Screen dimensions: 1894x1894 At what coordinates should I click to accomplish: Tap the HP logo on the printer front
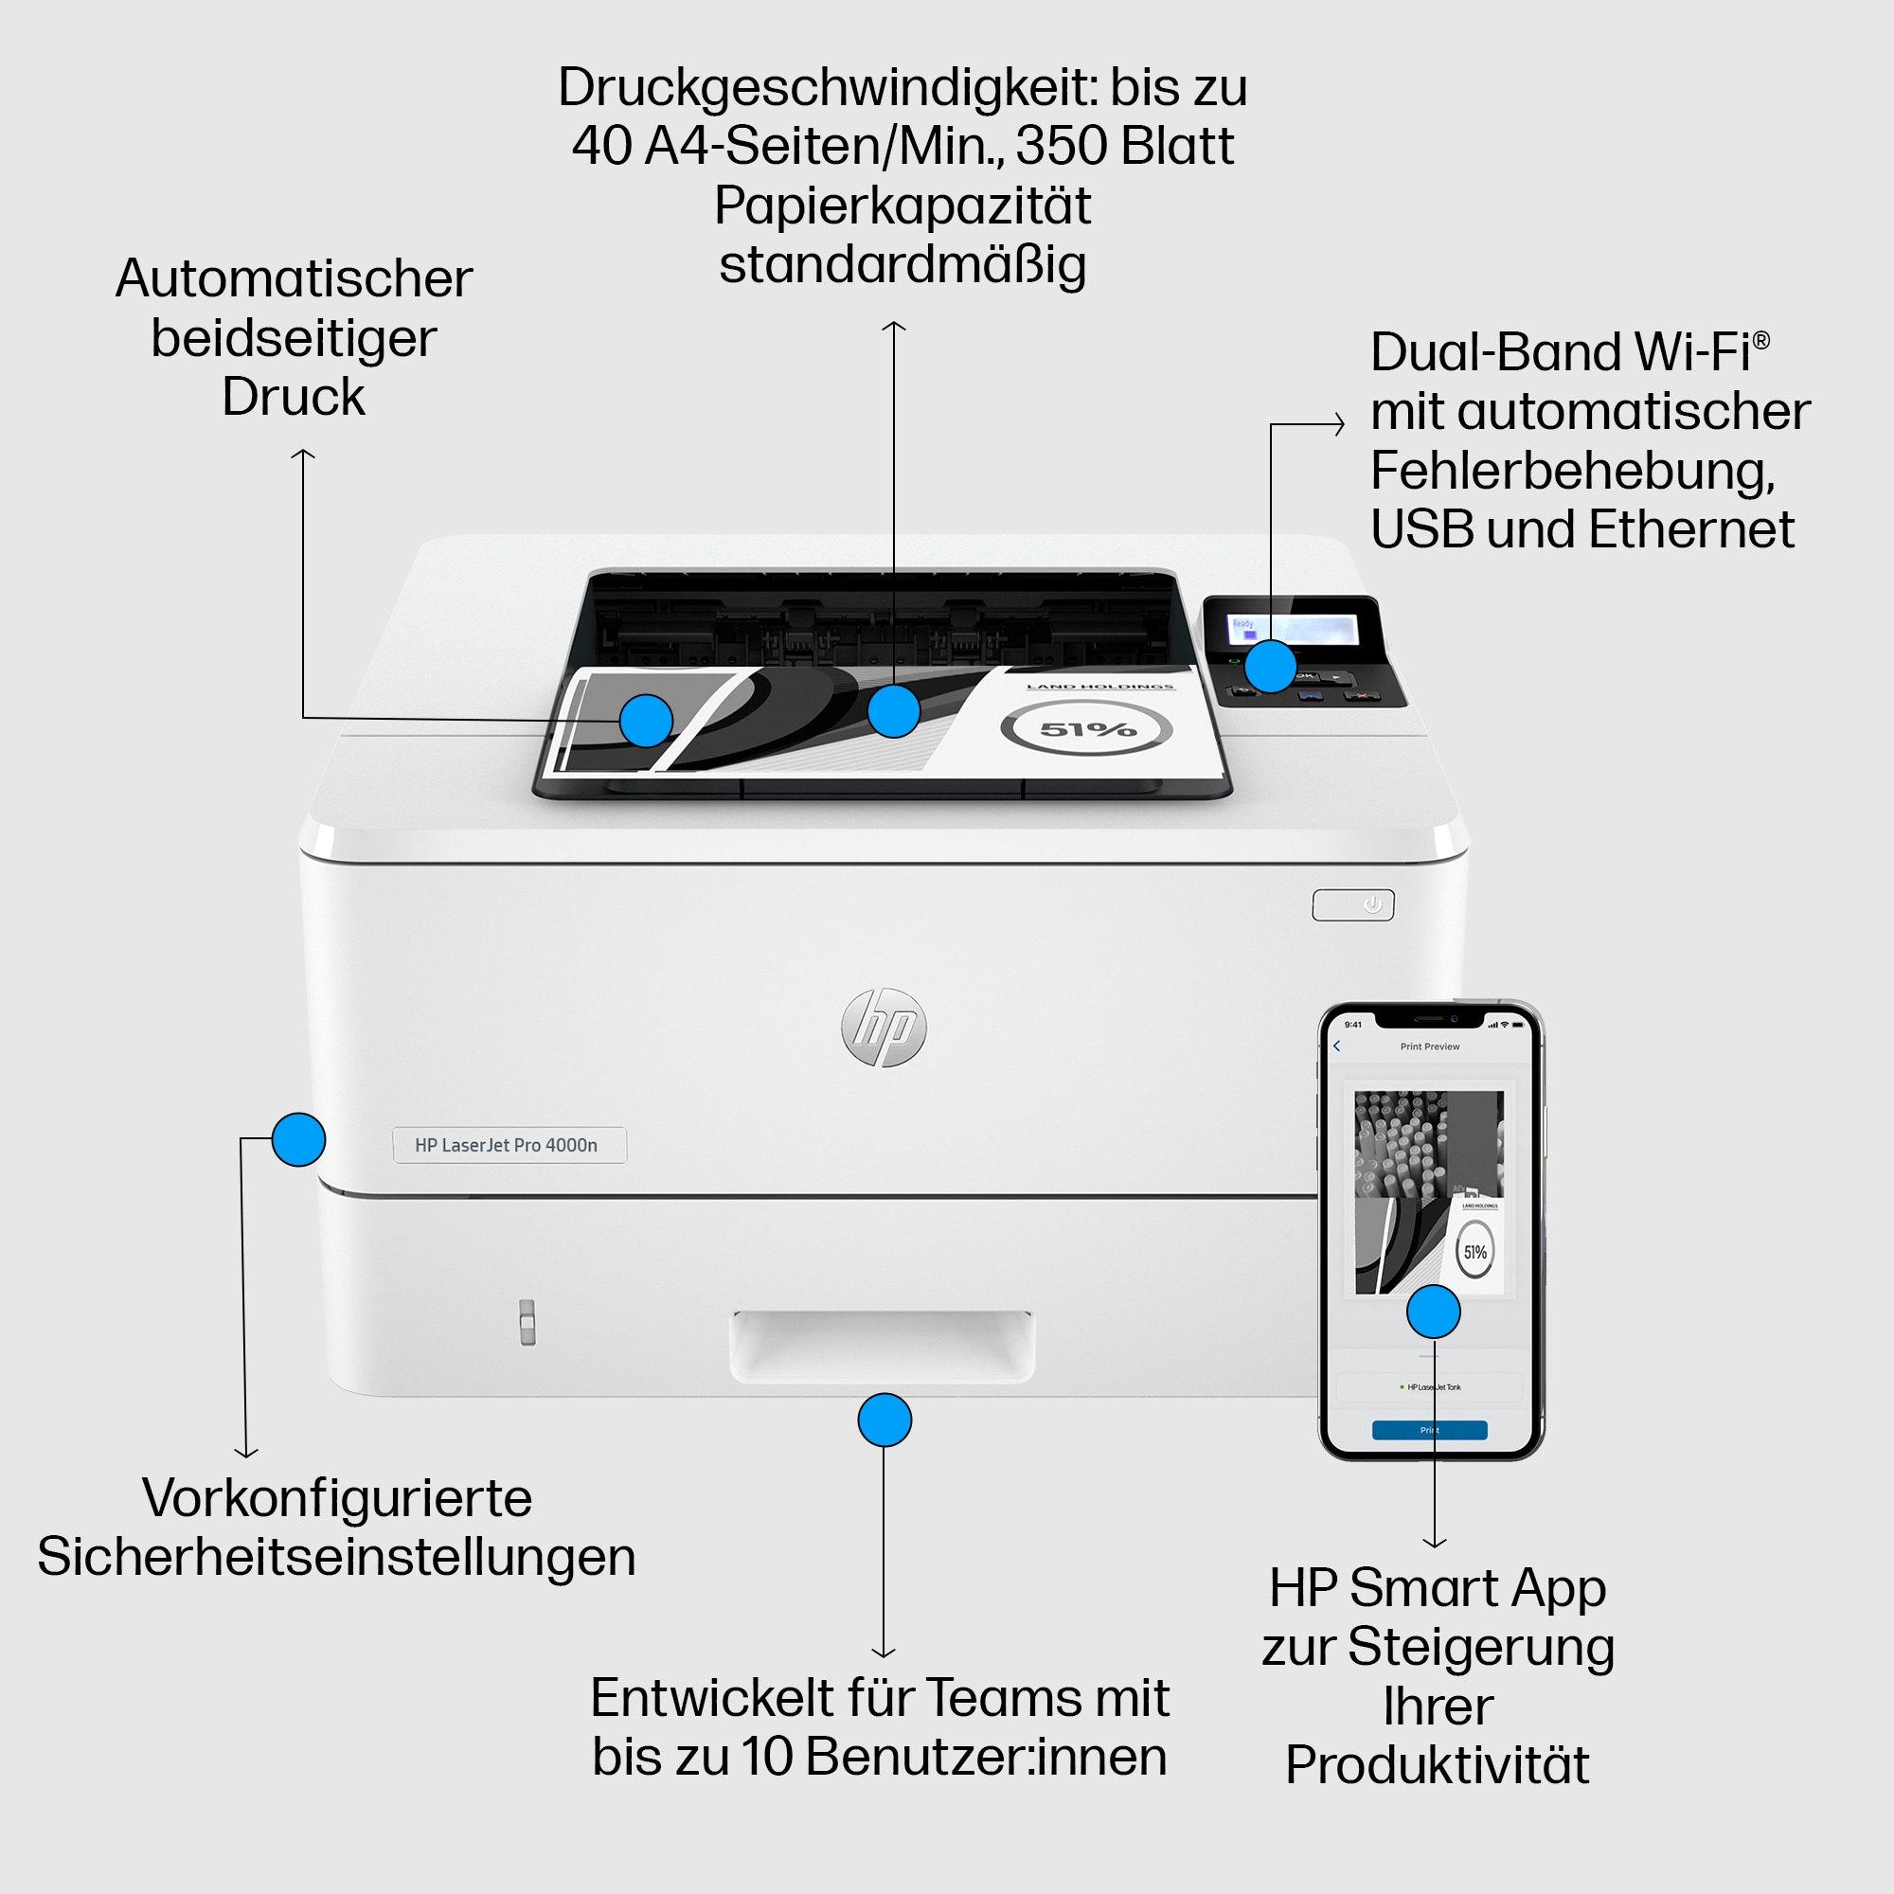pos(884,1027)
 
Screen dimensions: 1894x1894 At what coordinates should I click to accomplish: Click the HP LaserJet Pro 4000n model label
pos(509,1144)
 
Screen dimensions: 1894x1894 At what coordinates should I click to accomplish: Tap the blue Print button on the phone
pos(1429,1429)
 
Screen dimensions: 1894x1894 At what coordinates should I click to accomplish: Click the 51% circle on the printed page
pos(1086,728)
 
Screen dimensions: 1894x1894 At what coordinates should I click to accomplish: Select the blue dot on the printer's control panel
pos(1271,667)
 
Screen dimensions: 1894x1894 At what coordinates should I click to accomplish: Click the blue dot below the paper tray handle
pos(884,1420)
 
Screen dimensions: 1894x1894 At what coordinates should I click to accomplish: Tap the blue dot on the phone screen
pos(1433,1312)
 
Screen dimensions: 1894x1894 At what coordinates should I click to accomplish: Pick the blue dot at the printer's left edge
pos(298,1139)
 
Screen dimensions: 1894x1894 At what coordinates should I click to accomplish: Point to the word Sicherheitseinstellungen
pos(336,1557)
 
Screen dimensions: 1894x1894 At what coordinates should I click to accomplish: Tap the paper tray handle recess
pos(882,1345)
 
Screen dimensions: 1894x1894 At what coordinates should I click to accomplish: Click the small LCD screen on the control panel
pos(1294,630)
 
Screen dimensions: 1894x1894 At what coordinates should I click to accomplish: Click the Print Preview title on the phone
pos(1429,1046)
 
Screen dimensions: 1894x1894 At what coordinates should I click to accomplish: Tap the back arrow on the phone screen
pos(1336,1046)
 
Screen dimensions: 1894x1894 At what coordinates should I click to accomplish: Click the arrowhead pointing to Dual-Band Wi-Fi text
pos(1340,424)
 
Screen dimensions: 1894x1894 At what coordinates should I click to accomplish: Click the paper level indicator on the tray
pos(527,1321)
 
